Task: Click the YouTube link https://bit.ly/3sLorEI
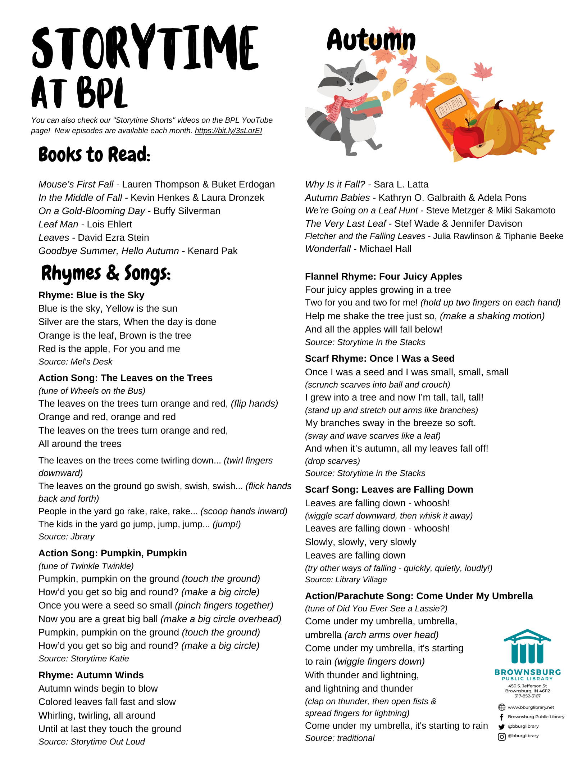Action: pos(228,131)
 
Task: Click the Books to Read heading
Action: pos(94,155)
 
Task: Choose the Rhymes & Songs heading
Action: pos(106,273)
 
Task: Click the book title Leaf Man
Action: pos(58,224)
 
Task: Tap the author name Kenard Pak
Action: pos(213,251)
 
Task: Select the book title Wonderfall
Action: pos(328,249)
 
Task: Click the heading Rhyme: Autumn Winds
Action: pos(91,675)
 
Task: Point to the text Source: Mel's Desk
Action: pos(76,362)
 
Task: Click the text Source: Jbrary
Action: pos(67,537)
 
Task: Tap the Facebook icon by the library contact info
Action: pos(501,717)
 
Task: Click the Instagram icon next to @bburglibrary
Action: pos(501,737)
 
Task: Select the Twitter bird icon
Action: pos(501,727)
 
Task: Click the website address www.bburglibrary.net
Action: pos(531,707)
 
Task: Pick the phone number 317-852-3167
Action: pos(527,696)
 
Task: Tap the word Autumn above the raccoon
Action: pos(371,40)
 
